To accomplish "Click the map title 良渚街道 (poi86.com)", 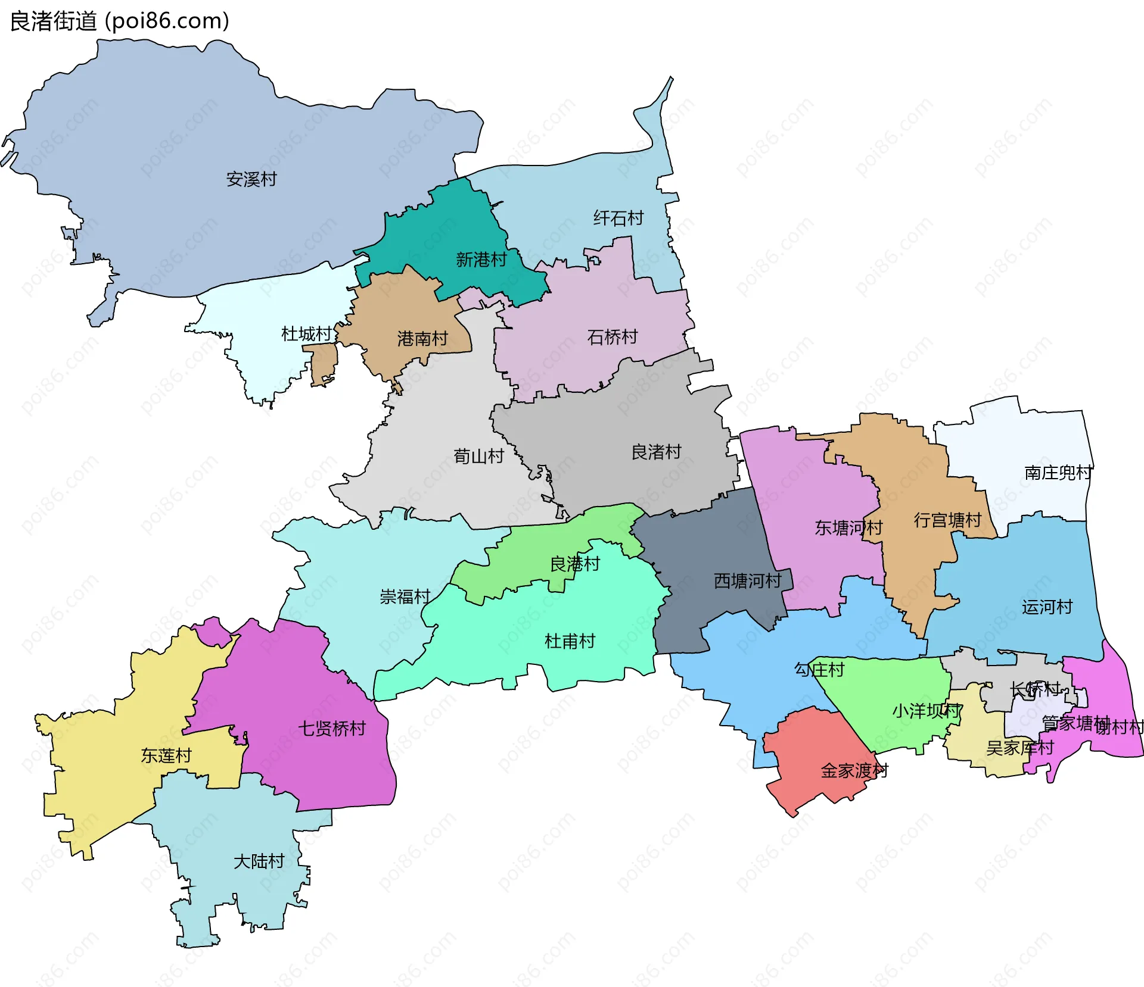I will click(x=119, y=21).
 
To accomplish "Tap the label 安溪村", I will click(x=251, y=179).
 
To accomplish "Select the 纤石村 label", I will click(x=618, y=218).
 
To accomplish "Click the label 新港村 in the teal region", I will click(x=481, y=260).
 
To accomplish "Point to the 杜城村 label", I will click(x=306, y=334).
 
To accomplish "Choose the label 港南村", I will click(x=422, y=339).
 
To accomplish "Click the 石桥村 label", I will click(x=613, y=338).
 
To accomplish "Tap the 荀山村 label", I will click(x=478, y=457).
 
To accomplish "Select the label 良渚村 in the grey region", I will click(x=656, y=452).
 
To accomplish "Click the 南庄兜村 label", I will click(x=1058, y=473).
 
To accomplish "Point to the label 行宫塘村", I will click(x=947, y=520).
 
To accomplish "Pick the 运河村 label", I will click(x=1047, y=607).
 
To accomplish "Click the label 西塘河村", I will click(x=748, y=581).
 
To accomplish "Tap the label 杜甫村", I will click(x=570, y=641).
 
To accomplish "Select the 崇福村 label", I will click(x=405, y=596).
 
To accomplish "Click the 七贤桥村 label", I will click(x=331, y=729).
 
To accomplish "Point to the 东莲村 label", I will click(x=166, y=756).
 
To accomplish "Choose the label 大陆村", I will click(x=259, y=861).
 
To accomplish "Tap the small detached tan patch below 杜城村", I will click(x=324, y=363).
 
